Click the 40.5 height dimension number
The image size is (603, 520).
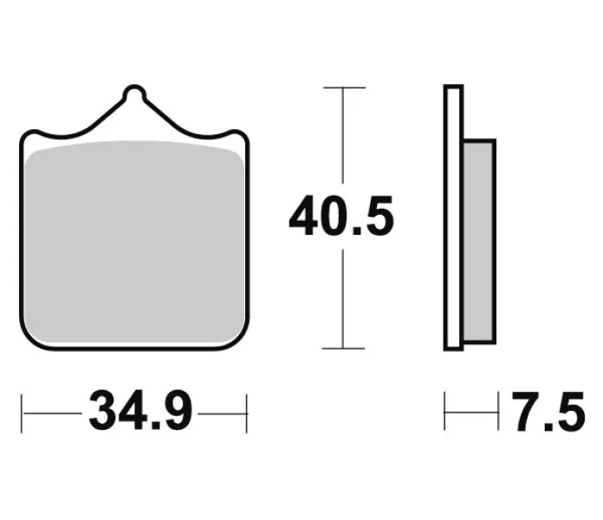[x=341, y=216]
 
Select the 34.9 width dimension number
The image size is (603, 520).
[x=140, y=411]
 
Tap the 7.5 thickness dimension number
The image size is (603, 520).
[x=548, y=411]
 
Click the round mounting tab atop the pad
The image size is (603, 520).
[x=134, y=94]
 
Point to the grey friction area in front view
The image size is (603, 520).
[x=134, y=242]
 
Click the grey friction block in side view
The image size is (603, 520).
[x=478, y=242]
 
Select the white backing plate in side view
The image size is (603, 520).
[x=454, y=218]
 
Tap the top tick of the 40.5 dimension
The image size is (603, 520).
[x=344, y=88]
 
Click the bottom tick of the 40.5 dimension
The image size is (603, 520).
[x=343, y=348]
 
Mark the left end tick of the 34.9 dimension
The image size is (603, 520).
[x=22, y=413]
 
